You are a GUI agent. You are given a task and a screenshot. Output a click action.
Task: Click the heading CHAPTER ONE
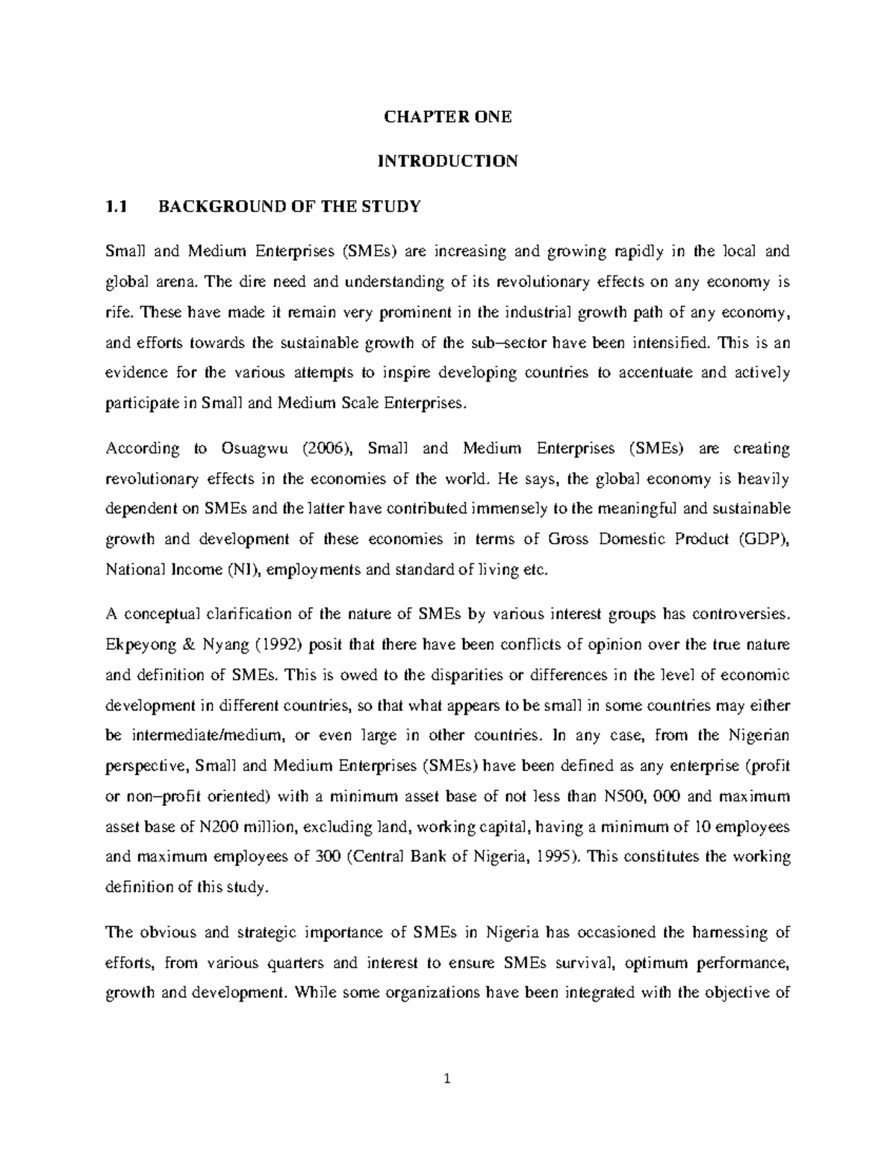(447, 117)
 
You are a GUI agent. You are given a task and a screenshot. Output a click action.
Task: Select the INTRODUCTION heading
(447, 161)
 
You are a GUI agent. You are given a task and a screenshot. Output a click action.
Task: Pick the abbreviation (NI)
(243, 570)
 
